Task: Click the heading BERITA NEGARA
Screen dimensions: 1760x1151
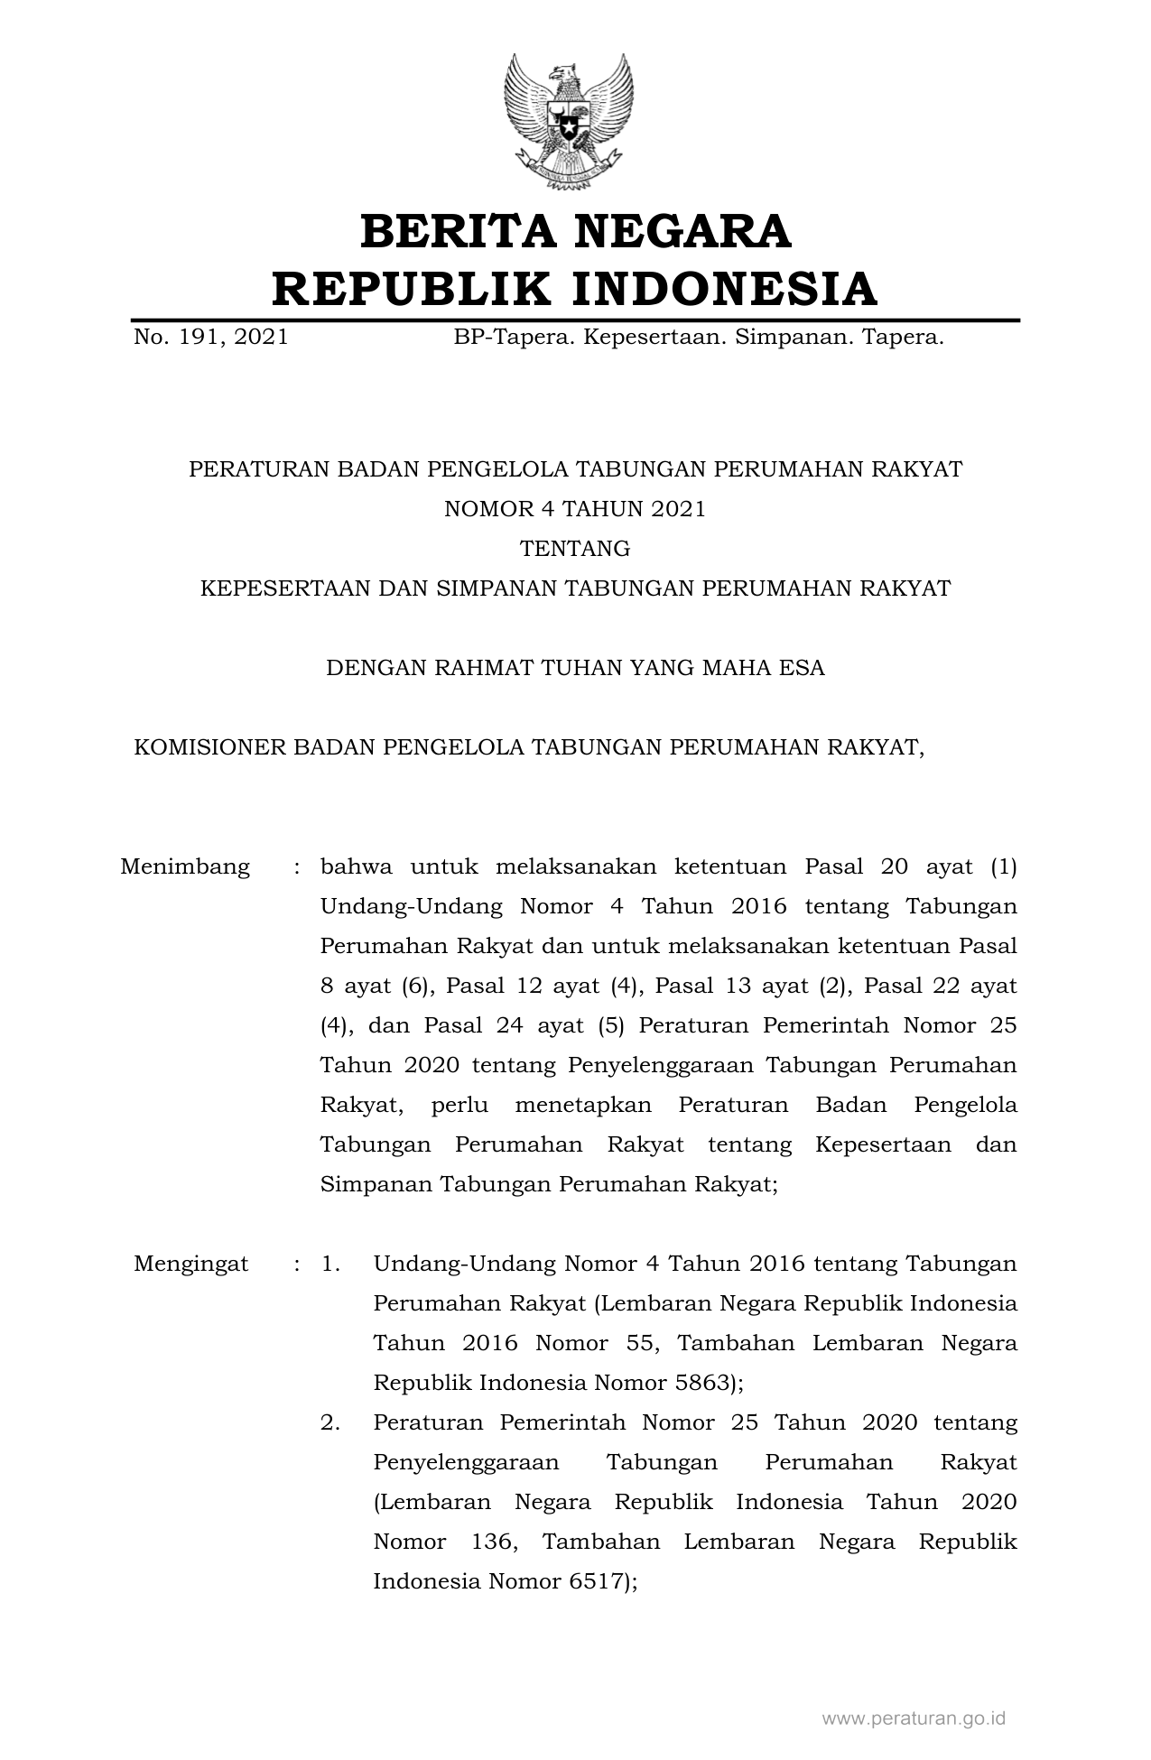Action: (575, 231)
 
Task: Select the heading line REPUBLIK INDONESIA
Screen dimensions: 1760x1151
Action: (575, 289)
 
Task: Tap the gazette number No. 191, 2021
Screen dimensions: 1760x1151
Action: (211, 338)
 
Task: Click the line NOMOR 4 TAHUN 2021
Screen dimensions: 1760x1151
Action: (575, 509)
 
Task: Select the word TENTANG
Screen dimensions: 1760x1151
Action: (575, 549)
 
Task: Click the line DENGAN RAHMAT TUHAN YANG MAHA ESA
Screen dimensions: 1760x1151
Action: (575, 668)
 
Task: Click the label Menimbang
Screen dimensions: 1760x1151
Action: (185, 867)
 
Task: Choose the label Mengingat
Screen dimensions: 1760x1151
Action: (190, 1264)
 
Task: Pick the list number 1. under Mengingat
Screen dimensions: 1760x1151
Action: (330, 1264)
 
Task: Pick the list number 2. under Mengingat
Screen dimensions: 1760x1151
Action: (330, 1422)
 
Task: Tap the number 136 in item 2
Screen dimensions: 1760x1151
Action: (493, 1542)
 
